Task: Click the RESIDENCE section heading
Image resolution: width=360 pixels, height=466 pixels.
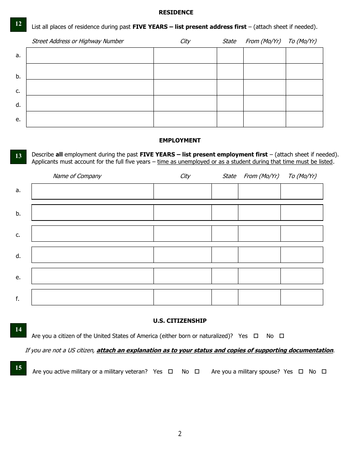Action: (x=176, y=13)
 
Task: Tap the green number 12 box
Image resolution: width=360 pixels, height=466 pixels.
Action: (x=18, y=24)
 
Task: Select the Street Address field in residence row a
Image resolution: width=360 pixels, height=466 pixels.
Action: (x=90, y=55)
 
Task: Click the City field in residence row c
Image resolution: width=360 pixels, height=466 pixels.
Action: (x=185, y=87)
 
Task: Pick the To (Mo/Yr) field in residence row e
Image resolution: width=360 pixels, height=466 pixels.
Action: (x=304, y=119)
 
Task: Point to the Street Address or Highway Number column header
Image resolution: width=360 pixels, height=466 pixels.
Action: (x=78, y=41)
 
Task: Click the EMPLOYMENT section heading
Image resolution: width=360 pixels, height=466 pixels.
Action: (x=180, y=141)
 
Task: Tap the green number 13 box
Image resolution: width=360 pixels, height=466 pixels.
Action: (x=18, y=156)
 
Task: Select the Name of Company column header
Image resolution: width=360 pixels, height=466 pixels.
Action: (x=77, y=176)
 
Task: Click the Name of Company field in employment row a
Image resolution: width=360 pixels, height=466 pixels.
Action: (x=92, y=191)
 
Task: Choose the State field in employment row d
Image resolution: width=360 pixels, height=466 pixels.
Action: (x=225, y=255)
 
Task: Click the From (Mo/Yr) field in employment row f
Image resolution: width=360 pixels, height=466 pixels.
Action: (x=259, y=297)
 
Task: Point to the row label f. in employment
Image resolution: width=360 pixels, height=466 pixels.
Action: (x=17, y=299)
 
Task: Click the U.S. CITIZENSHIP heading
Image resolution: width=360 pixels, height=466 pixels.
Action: (x=180, y=321)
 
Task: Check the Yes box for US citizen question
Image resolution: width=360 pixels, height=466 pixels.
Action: (x=256, y=336)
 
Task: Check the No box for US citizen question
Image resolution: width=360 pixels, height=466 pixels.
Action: (x=282, y=336)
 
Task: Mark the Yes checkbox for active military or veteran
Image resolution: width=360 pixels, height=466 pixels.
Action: (x=171, y=372)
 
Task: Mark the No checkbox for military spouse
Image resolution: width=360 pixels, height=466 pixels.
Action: (x=324, y=372)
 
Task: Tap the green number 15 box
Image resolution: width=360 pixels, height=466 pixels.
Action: (x=18, y=368)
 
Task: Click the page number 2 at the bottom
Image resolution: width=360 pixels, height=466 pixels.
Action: (x=180, y=434)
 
